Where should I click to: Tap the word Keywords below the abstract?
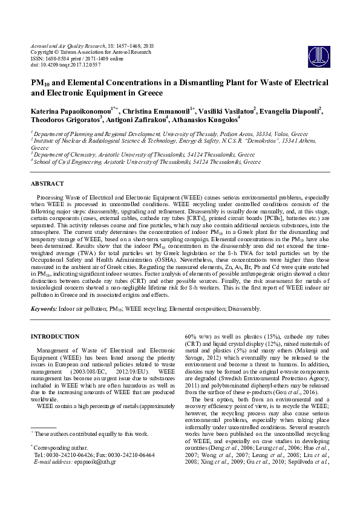click(44, 309)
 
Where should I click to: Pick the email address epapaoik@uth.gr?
click(100, 478)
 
